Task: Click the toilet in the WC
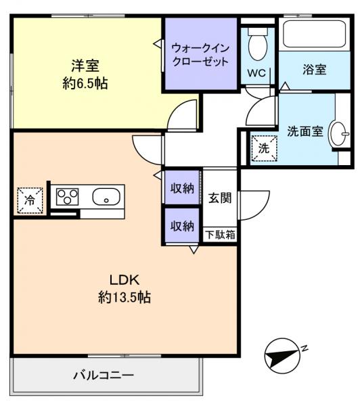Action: tap(257, 43)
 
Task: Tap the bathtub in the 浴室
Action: tap(315, 34)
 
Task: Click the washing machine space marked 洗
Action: tap(264, 149)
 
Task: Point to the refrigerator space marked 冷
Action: tap(30, 200)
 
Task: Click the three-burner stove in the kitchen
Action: tap(68, 197)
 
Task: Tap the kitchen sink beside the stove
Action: tap(106, 196)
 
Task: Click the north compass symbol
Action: tap(283, 356)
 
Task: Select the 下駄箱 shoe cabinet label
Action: tap(220, 235)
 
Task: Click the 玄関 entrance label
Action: tap(220, 198)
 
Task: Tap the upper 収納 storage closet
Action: tap(182, 188)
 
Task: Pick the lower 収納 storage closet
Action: tap(182, 226)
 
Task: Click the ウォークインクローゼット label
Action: tap(200, 55)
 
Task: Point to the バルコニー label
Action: tap(104, 375)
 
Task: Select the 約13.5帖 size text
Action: tap(125, 297)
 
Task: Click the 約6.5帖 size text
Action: tap(85, 83)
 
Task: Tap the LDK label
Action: tap(125, 280)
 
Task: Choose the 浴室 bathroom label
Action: tap(315, 70)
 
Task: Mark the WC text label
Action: tap(256, 73)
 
